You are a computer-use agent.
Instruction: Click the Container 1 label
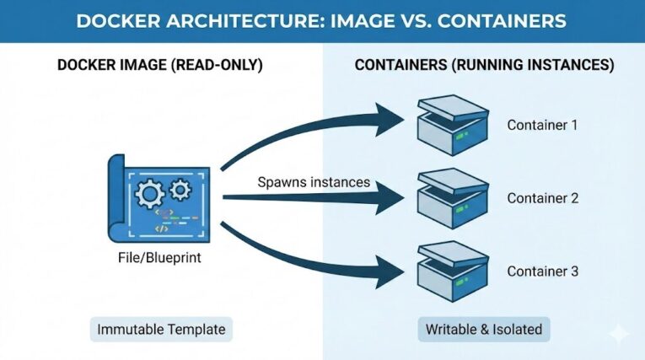[x=542, y=126]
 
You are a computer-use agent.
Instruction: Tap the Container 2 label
[x=542, y=199]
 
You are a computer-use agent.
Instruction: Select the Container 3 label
[x=542, y=271]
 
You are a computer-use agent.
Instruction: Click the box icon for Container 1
[x=452, y=126]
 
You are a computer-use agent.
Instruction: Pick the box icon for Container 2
[x=452, y=198]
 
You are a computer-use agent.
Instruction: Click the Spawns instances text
[x=314, y=183]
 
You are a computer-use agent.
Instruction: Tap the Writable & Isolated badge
[x=482, y=329]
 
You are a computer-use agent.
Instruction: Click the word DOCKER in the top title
[x=122, y=20]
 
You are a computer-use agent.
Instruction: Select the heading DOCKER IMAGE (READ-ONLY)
[x=159, y=65]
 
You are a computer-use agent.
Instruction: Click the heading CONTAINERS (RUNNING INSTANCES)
[x=484, y=65]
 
